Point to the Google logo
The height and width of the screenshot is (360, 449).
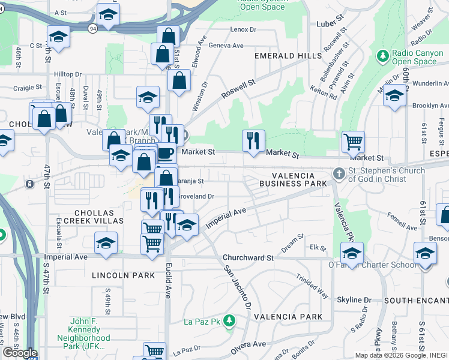tap(20, 352)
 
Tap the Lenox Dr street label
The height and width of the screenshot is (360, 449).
tap(243, 29)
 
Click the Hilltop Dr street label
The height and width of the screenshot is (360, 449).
tap(67, 74)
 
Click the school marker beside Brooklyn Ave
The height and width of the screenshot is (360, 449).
tap(394, 96)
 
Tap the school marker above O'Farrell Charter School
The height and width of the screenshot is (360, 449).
tap(352, 251)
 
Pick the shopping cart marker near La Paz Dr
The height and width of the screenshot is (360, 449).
tap(154, 351)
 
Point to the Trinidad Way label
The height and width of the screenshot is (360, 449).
tap(312, 286)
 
